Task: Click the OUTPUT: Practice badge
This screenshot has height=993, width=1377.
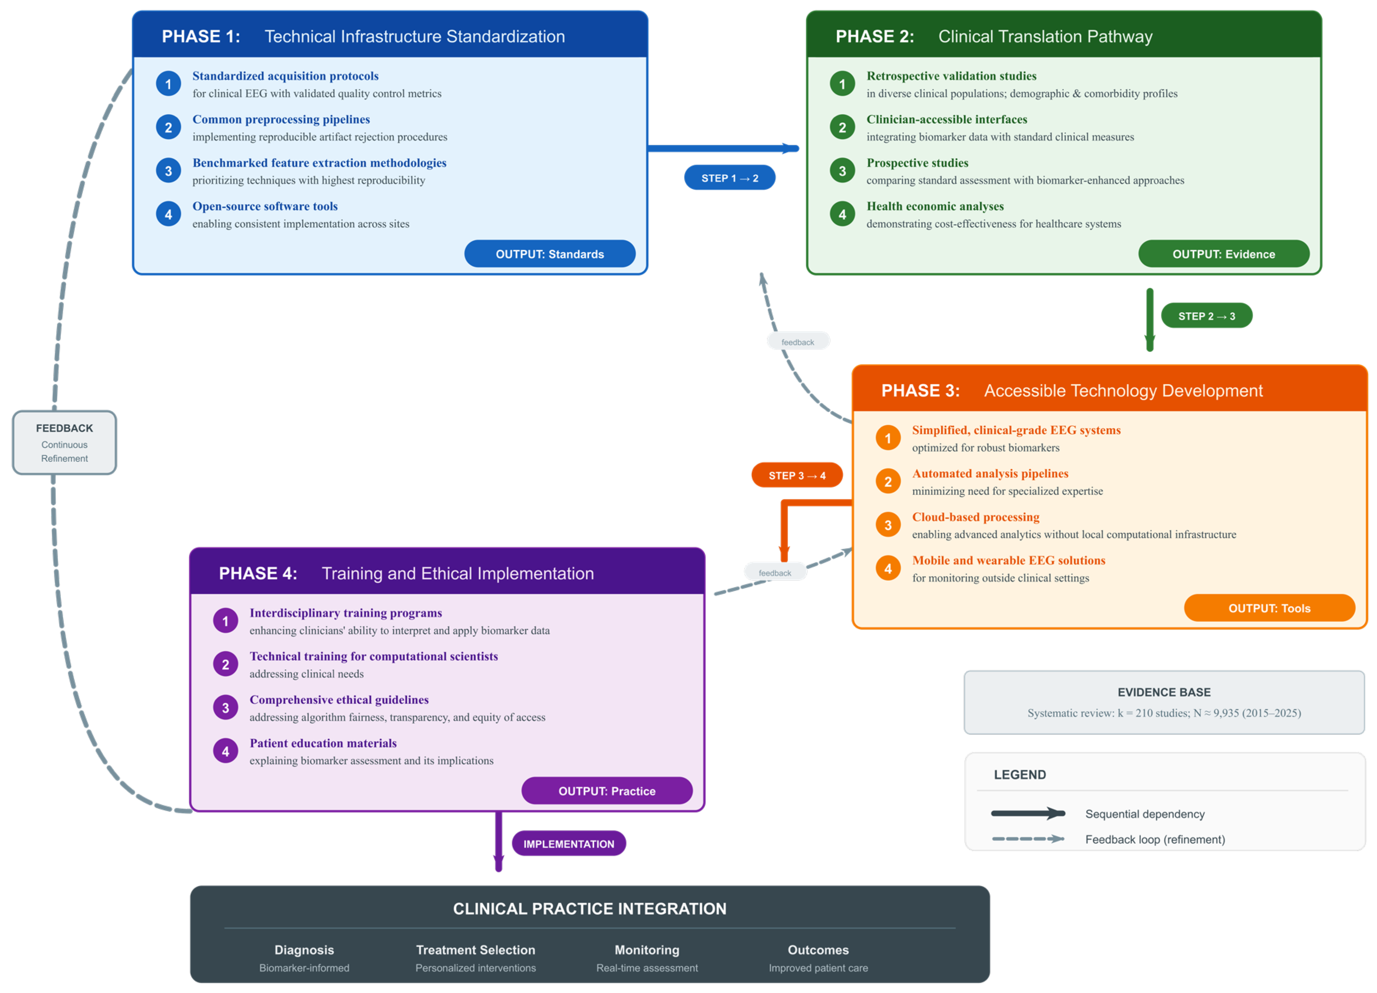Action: tap(607, 791)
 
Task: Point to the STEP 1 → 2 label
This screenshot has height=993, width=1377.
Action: tap(730, 178)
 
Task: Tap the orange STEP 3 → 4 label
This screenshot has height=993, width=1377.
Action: tap(797, 475)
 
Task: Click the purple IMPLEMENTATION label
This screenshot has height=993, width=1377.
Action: tap(569, 844)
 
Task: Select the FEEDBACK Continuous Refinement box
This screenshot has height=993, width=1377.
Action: tap(64, 443)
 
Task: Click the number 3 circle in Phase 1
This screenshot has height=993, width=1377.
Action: tap(168, 171)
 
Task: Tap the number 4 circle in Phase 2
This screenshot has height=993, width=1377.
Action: tap(842, 214)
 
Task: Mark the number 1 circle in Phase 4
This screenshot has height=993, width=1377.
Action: tap(225, 621)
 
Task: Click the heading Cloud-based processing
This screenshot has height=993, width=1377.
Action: tap(976, 517)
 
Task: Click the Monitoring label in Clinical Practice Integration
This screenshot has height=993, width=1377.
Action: tap(647, 950)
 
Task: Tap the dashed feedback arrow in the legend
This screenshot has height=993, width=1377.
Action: tap(1028, 839)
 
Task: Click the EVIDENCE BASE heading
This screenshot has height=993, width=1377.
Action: tap(1164, 692)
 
